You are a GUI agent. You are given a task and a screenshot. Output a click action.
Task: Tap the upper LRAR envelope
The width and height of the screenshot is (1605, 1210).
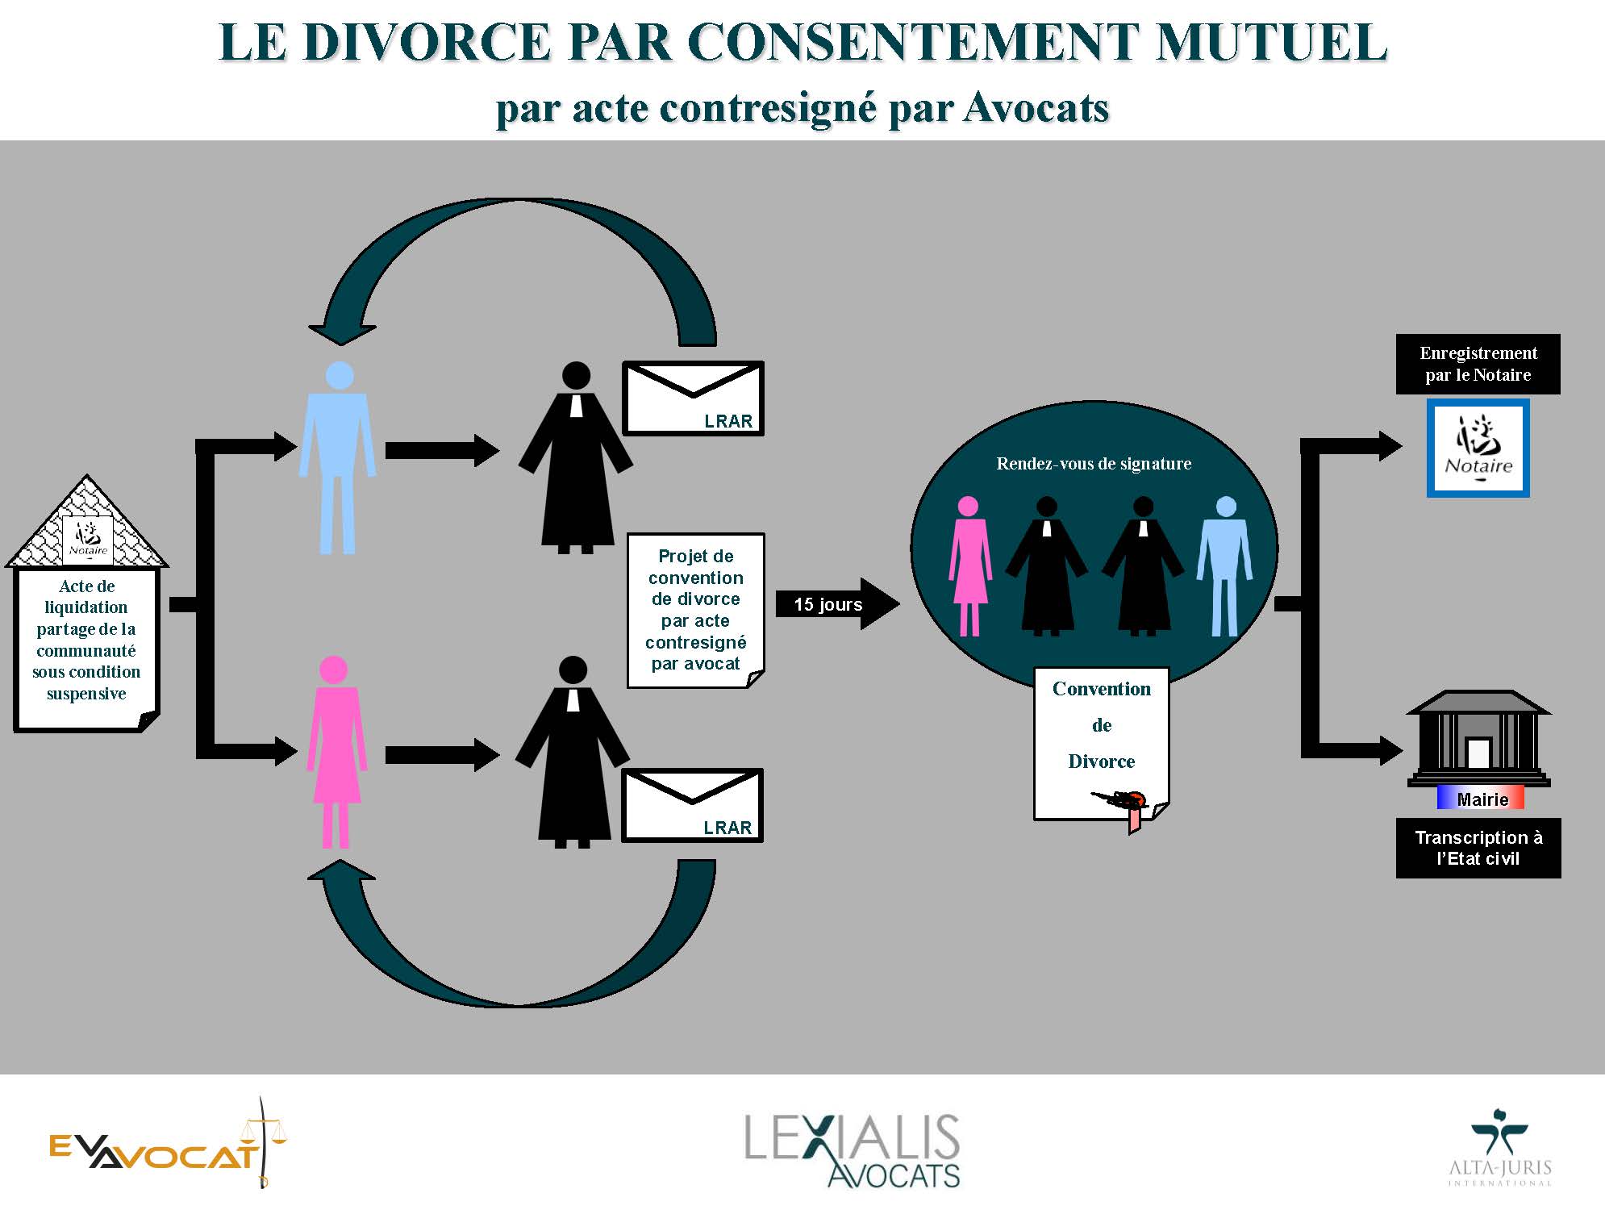tap(693, 398)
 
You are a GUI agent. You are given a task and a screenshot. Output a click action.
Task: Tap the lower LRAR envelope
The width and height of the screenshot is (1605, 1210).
tap(692, 805)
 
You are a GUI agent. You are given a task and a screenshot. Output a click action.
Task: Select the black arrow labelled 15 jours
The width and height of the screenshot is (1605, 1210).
tap(837, 603)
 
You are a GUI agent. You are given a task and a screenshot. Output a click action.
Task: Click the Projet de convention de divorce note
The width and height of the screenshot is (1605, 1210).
tap(696, 611)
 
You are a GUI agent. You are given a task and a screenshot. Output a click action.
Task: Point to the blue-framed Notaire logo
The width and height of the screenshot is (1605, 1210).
tap(1478, 448)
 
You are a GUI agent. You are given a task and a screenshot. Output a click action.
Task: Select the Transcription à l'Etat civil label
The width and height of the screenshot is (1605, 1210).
tap(1478, 848)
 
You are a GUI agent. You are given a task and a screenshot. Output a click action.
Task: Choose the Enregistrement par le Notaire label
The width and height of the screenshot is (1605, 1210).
tap(1478, 364)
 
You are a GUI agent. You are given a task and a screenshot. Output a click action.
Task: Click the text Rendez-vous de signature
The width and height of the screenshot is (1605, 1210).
tap(1094, 464)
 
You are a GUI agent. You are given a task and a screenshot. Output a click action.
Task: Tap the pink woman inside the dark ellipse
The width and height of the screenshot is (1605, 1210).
tap(969, 566)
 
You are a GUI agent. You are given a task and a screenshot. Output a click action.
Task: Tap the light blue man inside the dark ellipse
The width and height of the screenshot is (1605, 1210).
tap(1225, 566)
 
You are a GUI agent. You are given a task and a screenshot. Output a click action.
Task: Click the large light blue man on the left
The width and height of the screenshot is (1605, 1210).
tap(338, 457)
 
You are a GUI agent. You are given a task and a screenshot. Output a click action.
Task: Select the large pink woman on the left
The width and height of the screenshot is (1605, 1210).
tap(335, 752)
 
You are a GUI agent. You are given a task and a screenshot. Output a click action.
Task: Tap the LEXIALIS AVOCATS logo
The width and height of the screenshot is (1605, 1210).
tap(853, 1150)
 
